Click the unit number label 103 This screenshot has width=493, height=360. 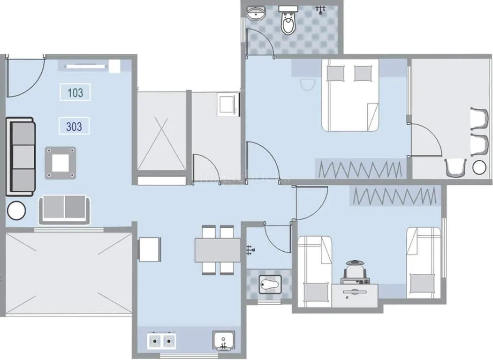[75, 92]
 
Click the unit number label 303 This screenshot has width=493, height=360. [74, 126]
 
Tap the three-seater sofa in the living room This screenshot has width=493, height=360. [21, 157]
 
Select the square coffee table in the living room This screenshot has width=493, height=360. [61, 163]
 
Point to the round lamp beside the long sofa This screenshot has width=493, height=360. [16, 210]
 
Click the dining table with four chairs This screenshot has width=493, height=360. [217, 250]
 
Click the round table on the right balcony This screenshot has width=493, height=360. [479, 167]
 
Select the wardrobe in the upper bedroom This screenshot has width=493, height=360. [361, 169]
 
